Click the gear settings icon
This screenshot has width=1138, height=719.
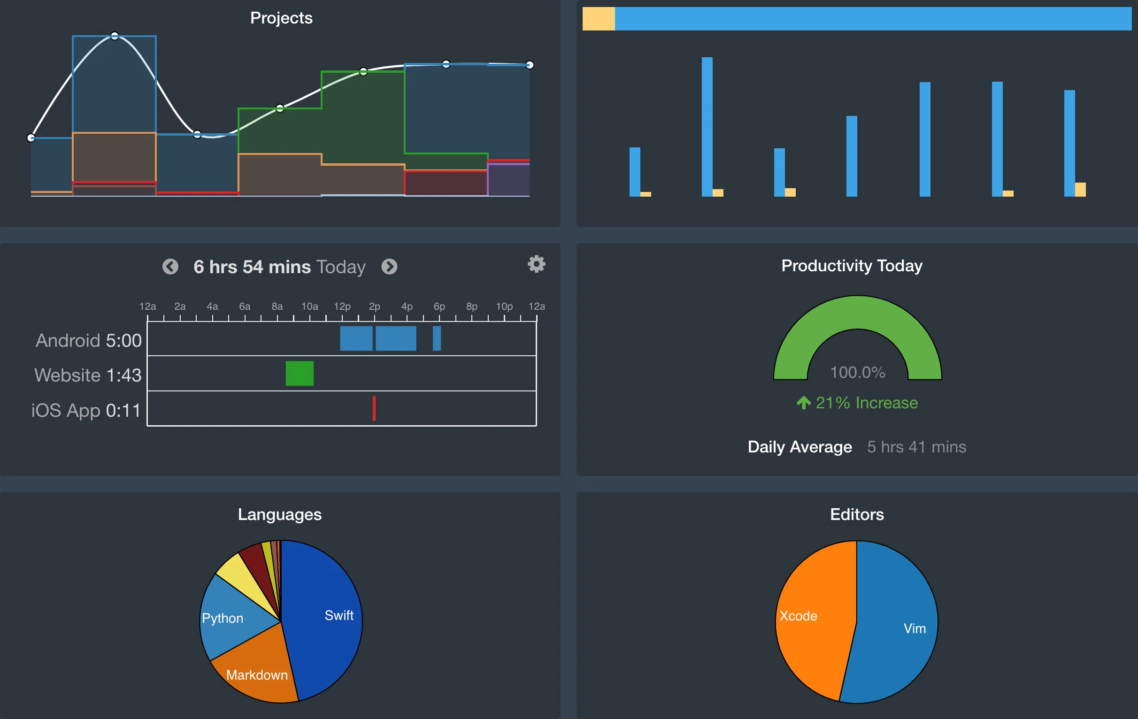[537, 264]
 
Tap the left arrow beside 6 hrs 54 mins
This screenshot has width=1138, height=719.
[170, 267]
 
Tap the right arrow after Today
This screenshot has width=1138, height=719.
[389, 267]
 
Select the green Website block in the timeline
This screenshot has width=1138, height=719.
[300, 373]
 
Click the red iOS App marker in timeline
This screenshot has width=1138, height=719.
[374, 408]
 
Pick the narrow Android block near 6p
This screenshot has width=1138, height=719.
[437, 338]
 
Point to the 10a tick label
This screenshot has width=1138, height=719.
[309, 306]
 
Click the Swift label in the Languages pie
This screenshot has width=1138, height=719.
[339, 615]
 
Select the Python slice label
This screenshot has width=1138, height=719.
[222, 618]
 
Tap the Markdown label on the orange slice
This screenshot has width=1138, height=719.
[257, 674]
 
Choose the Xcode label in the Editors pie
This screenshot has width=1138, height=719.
[798, 616]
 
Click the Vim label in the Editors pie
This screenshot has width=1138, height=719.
[915, 628]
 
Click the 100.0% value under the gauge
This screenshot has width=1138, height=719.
[857, 372]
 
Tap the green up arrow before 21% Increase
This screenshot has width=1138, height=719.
[803, 403]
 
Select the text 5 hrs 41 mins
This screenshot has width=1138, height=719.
[916, 446]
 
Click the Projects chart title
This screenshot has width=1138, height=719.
[281, 18]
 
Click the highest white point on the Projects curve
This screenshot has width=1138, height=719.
[115, 36]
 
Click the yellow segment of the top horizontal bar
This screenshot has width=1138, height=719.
[598, 19]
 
